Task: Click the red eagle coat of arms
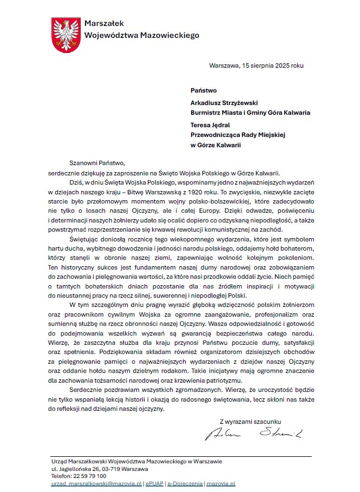point(67,35)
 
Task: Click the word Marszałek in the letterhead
point(104,23)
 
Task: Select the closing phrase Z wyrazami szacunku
point(250,421)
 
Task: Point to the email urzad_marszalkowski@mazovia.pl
point(96,483)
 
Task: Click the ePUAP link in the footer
point(154,483)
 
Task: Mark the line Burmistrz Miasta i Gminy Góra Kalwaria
point(250,113)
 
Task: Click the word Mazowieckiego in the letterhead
point(170,35)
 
